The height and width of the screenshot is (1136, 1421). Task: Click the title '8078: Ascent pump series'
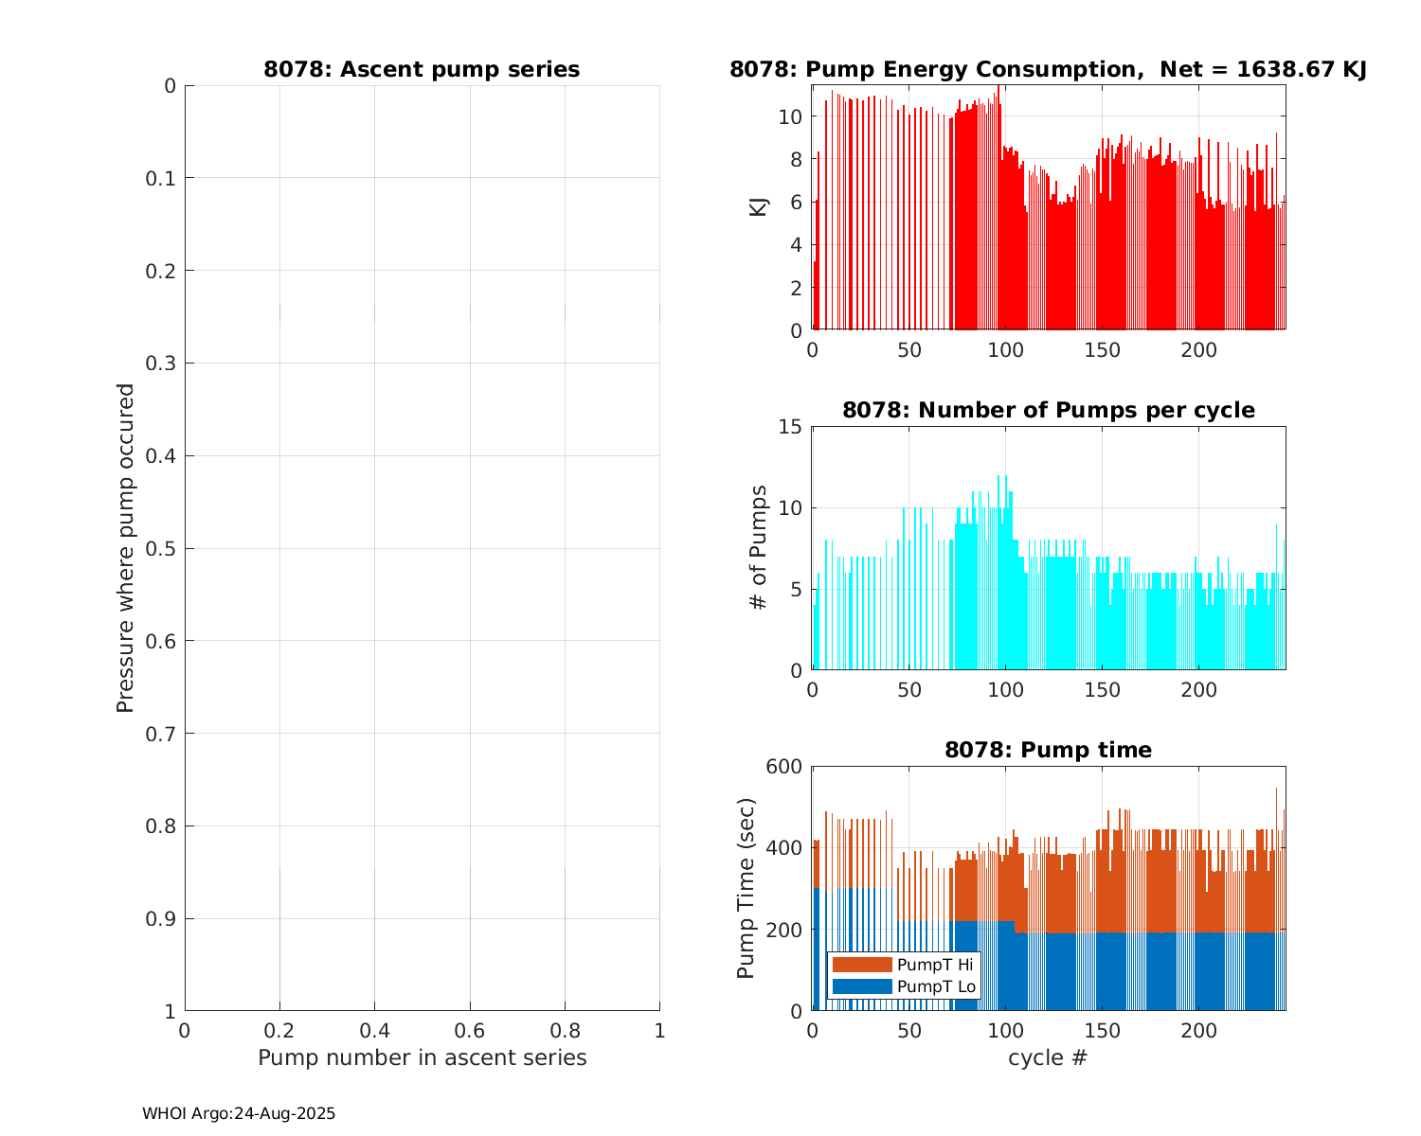tap(422, 69)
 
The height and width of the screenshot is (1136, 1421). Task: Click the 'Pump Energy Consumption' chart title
tap(1047, 69)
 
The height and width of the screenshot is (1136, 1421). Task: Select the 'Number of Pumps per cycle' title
tap(1049, 410)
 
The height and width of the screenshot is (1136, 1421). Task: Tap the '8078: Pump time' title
tap(1049, 750)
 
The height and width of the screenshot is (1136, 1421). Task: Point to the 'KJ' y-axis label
tap(759, 207)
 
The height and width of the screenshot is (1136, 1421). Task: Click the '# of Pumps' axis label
tap(759, 548)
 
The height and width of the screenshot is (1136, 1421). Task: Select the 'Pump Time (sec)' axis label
tap(746, 889)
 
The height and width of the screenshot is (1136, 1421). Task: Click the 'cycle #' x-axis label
tap(1048, 1056)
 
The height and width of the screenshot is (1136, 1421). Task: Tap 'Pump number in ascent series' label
tap(423, 1057)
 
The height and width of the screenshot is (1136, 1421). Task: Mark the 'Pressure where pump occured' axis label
tap(125, 548)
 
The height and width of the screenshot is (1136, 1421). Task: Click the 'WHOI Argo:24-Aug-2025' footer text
tap(239, 1114)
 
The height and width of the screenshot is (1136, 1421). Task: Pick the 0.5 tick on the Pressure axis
tap(163, 549)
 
